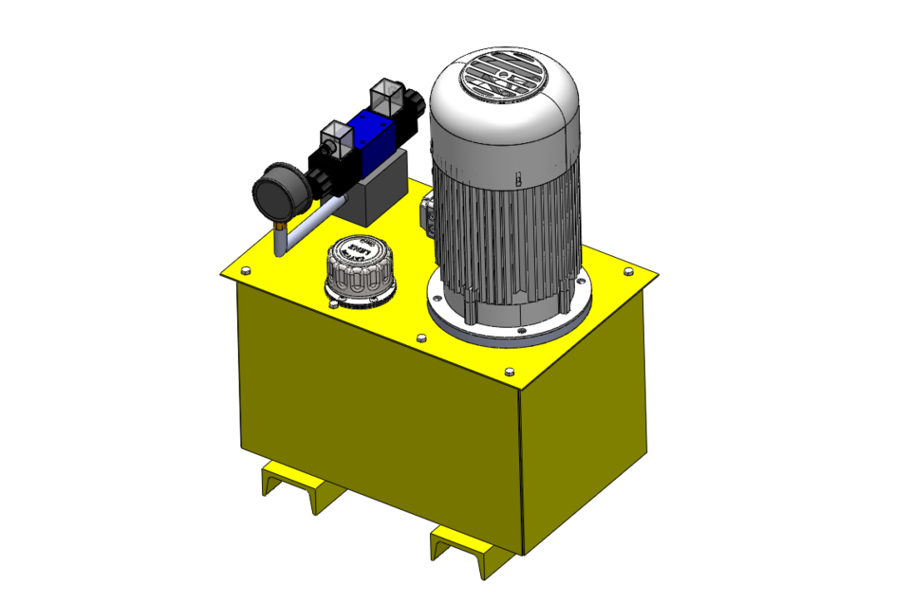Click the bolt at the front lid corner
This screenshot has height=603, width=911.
click(511, 371)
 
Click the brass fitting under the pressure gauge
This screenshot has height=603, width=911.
click(280, 227)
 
